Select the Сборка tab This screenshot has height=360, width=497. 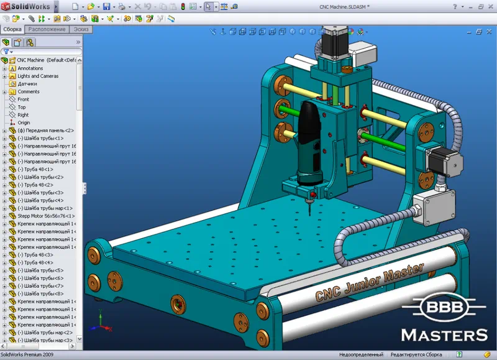[12, 29]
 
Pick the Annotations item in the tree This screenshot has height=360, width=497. [30, 68]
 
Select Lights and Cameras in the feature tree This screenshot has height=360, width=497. [38, 76]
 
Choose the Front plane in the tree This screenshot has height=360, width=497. [23, 99]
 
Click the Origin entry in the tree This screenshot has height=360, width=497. [24, 122]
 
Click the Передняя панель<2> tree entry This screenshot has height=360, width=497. [45, 131]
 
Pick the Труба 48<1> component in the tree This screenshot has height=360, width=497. [39, 169]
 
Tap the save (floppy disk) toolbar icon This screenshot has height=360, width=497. [106, 6]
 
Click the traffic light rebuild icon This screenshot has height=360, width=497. [183, 6]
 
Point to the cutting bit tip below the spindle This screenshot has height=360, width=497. [308, 211]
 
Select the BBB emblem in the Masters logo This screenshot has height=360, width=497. [444, 308]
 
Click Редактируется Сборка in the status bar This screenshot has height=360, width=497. [416, 355]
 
